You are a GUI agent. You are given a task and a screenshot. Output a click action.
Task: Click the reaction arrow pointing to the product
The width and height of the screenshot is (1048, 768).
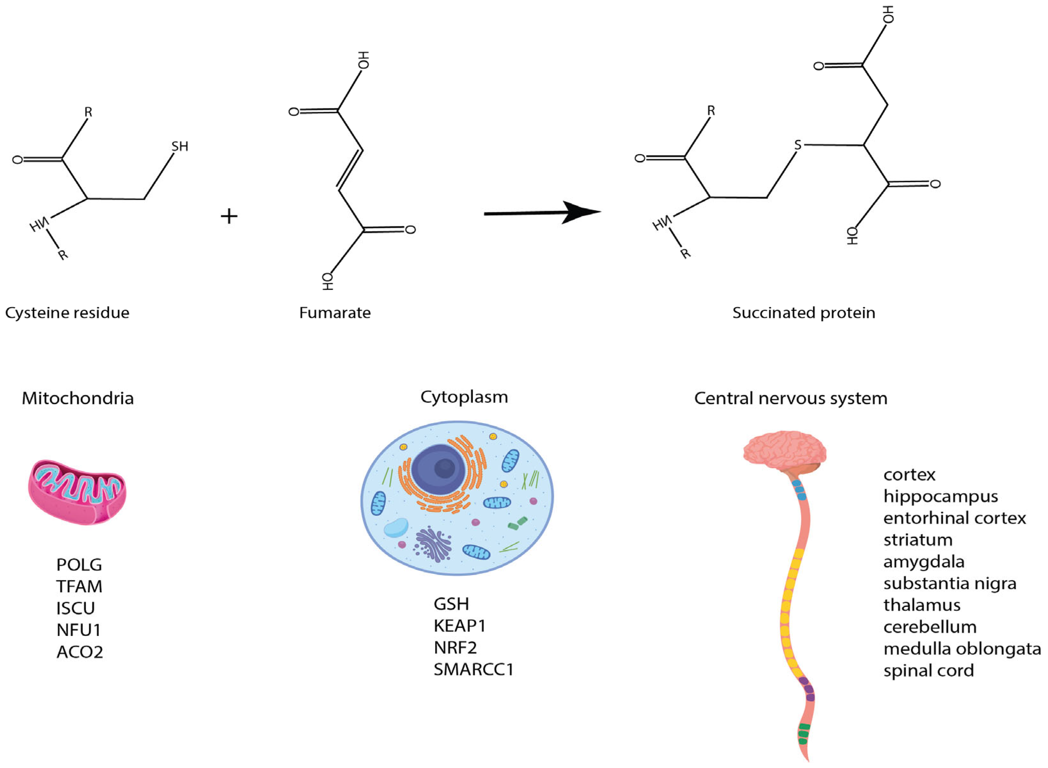542,213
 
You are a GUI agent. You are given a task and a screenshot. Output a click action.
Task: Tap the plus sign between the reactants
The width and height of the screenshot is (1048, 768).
229,216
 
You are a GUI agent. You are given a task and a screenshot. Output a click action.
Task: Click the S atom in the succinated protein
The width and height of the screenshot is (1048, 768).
798,144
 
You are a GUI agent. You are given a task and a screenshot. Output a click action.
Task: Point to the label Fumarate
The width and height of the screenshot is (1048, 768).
335,313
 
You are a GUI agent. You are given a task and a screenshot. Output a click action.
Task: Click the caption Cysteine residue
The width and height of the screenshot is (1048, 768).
67,313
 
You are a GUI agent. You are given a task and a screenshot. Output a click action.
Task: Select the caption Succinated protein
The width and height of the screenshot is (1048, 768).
804,313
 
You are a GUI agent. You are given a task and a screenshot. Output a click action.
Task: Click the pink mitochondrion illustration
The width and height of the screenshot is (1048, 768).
77,492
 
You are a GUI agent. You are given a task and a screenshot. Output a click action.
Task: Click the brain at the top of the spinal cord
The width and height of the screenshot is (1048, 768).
784,451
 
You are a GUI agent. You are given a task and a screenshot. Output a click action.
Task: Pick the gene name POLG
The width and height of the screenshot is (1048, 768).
79,565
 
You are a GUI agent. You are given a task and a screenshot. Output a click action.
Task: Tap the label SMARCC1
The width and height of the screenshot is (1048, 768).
474,670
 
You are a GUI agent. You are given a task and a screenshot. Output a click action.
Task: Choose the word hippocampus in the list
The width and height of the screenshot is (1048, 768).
940,497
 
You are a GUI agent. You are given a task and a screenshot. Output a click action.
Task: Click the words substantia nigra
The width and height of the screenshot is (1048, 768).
950,584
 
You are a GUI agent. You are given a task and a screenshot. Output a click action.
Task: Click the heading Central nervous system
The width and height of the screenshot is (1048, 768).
790,399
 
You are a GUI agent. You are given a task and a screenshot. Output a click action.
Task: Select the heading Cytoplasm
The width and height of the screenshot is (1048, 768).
464,397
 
